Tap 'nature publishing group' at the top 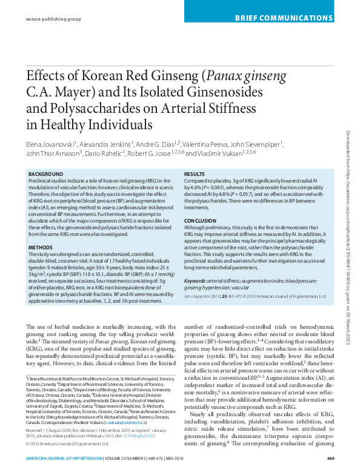click(x=53, y=19)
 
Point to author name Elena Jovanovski click(x=50, y=145)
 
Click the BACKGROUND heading click(x=45, y=174)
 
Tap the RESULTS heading click(x=195, y=174)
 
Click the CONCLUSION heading click(x=200, y=221)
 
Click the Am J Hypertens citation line click(x=255, y=280)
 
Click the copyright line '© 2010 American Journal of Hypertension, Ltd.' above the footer click(x=68, y=443)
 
